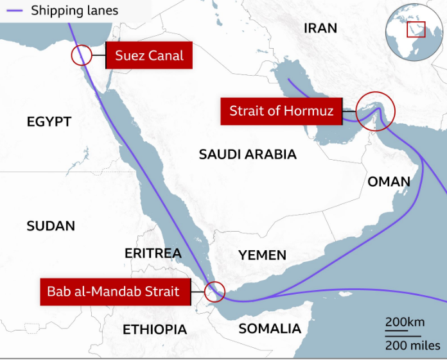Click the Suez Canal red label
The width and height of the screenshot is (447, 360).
pyautogui.click(x=149, y=56)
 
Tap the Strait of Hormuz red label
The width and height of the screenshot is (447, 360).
pyautogui.click(x=283, y=111)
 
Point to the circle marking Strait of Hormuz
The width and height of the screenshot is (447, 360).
pyautogui.click(x=375, y=111)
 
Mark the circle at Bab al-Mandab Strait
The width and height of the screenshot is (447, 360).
pyautogui.click(x=214, y=292)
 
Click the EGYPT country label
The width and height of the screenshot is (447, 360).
pyautogui.click(x=49, y=122)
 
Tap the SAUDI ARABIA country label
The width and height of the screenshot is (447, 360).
pyautogui.click(x=247, y=154)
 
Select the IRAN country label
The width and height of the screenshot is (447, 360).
pyautogui.click(x=320, y=28)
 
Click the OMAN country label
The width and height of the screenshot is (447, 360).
pyautogui.click(x=389, y=182)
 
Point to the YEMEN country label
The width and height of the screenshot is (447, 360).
pyautogui.click(x=262, y=255)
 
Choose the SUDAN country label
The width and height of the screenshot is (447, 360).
pyautogui.click(x=51, y=226)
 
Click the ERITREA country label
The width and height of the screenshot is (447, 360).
pyautogui.click(x=153, y=253)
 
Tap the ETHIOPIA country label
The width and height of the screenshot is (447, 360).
pyautogui.click(x=154, y=329)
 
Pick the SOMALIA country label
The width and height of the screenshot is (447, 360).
pyautogui.click(x=269, y=329)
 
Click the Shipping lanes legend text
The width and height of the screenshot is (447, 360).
pyautogui.click(x=74, y=10)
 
